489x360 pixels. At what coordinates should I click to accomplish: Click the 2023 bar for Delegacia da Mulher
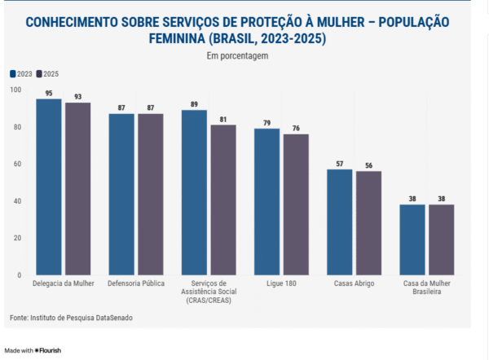click(x=49, y=187)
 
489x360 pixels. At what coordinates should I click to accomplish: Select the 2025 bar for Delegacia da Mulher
click(x=78, y=189)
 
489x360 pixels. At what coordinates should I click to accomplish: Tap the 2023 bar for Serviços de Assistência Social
click(x=194, y=192)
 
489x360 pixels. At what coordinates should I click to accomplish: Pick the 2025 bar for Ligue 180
click(x=296, y=204)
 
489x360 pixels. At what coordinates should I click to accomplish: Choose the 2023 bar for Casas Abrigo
click(x=339, y=222)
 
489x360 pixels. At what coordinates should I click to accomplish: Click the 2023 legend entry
click(x=21, y=73)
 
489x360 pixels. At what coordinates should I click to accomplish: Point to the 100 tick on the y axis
click(x=16, y=89)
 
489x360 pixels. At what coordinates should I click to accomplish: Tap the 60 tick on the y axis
click(x=18, y=164)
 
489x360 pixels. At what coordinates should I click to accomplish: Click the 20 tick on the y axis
click(x=18, y=238)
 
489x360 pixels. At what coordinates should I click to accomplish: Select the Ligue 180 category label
click(x=281, y=283)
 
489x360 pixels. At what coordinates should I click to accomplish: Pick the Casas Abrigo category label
click(x=354, y=283)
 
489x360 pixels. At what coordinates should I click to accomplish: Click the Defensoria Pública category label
click(x=136, y=283)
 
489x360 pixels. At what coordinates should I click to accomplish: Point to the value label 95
click(x=49, y=93)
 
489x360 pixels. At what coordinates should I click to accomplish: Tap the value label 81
click(x=223, y=119)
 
